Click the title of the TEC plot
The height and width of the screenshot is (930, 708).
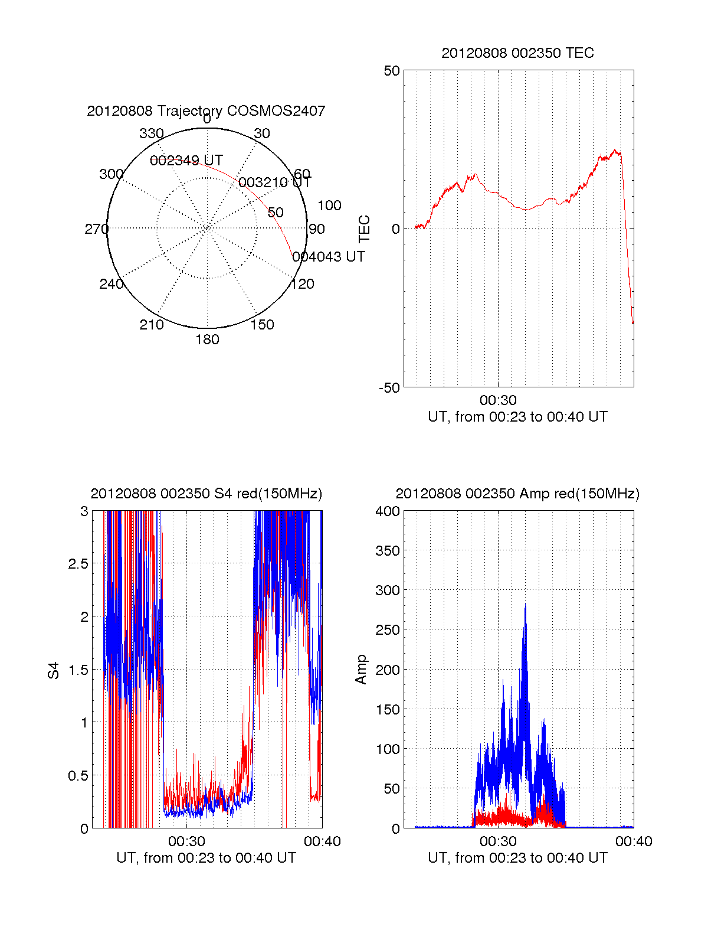pos(517,53)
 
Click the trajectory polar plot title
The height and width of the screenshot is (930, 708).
pos(206,111)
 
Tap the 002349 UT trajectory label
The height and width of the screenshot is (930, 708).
pos(186,161)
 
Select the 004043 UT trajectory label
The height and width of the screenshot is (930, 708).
pos(329,257)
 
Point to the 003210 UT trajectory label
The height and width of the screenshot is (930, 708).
pos(274,182)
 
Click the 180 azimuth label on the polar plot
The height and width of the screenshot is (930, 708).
pos(207,340)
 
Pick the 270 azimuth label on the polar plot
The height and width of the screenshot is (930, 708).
pos(96,229)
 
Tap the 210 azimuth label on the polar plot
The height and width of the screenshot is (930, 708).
pos(151,325)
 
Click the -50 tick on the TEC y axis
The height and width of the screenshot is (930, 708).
pos(389,388)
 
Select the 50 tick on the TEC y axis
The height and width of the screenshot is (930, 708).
pos(392,71)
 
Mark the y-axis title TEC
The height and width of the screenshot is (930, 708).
pos(365,229)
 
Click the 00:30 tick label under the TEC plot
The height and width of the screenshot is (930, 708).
pos(498,401)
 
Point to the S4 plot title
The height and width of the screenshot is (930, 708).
pos(206,494)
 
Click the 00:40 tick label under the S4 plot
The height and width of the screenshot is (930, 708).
pos(322,842)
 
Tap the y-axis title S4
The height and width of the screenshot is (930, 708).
pos(54,670)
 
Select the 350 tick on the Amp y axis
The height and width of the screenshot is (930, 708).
pos(388,551)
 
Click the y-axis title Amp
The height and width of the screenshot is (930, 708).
pos(361,670)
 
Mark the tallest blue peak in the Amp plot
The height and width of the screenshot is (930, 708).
pos(525,606)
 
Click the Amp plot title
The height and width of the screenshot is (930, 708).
pos(517,494)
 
